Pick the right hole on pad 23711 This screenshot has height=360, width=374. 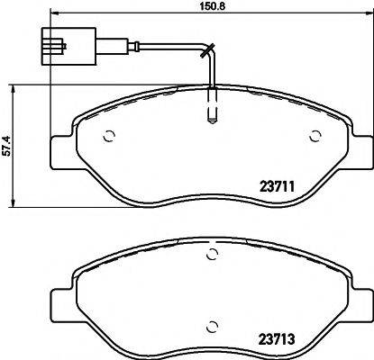pyautogui.click(x=315, y=137)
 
